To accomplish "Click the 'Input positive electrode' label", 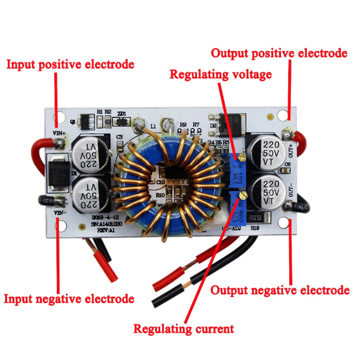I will (70, 65).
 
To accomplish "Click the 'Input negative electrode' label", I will (69, 299).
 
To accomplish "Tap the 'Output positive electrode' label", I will (279, 54).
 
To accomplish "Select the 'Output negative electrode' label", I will (280, 290).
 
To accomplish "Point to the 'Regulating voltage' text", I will (220, 75).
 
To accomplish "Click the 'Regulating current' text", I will (184, 328).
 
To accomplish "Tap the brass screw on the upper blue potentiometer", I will (242, 156).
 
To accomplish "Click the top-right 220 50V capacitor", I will (265, 152).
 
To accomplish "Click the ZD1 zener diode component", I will (122, 122).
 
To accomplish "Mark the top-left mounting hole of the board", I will (58, 118).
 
